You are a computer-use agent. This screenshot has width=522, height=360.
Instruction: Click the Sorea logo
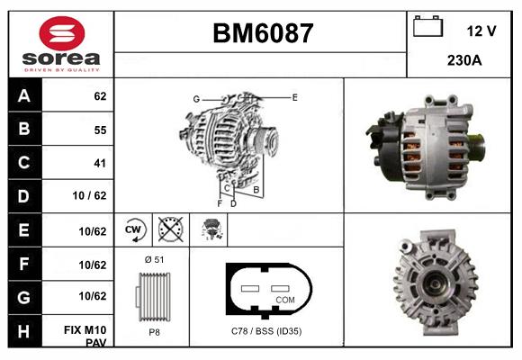61,44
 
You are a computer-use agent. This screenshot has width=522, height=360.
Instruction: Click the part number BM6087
262,34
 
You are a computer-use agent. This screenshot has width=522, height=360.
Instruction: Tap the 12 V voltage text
481,31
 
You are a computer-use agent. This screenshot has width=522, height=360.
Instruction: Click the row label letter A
23,95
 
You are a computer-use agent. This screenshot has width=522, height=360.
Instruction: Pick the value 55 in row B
99,130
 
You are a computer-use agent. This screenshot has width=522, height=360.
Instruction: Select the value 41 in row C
99,163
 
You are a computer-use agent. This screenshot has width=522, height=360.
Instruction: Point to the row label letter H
23,331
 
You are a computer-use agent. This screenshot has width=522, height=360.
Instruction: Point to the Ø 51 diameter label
153,259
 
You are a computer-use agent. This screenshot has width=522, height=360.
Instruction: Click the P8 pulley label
153,331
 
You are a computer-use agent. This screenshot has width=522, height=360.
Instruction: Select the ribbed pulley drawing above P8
153,294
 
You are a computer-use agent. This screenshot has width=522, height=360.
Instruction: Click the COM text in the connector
284,299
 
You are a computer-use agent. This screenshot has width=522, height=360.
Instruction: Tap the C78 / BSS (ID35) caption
265,331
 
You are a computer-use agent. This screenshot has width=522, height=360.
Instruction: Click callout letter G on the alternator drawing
195,99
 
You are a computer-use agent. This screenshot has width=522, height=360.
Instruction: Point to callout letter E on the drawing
294,95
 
